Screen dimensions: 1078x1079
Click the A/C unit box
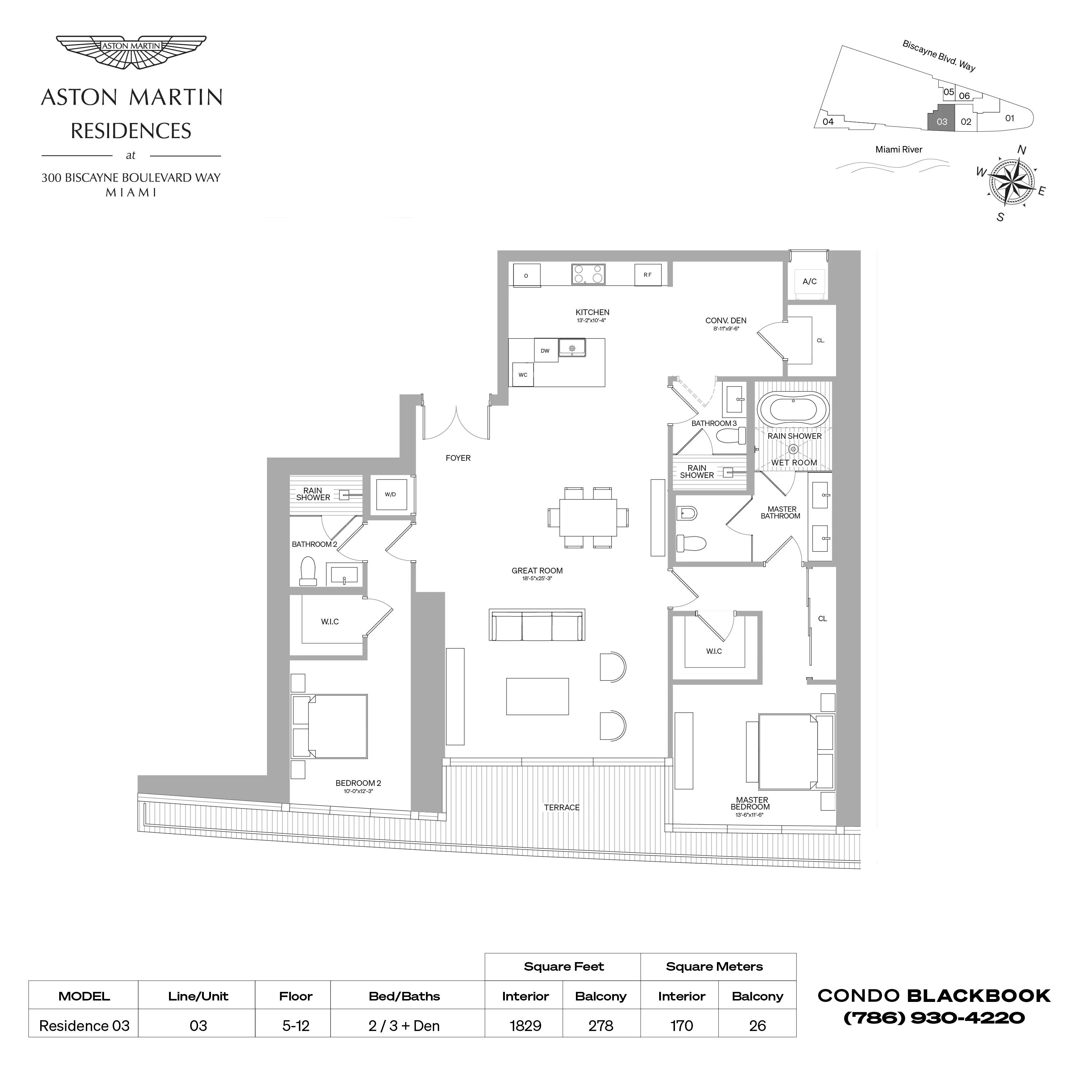coord(809,281)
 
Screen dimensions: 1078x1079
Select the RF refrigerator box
coord(647,275)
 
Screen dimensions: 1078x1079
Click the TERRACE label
coord(562,808)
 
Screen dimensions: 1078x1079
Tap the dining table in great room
coord(588,517)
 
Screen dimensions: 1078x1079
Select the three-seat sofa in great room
coord(537,625)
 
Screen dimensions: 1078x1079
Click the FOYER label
coord(458,458)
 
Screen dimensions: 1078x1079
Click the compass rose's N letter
coord(1022,150)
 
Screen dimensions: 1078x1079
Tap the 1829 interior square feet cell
coord(525,1026)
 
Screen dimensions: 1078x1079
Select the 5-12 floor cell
coord(295,1026)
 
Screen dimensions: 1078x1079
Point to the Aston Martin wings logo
coord(131,52)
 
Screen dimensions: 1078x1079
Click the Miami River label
coord(899,150)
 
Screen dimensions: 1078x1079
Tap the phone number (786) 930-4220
coord(934,1018)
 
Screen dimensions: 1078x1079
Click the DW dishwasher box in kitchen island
coord(545,351)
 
